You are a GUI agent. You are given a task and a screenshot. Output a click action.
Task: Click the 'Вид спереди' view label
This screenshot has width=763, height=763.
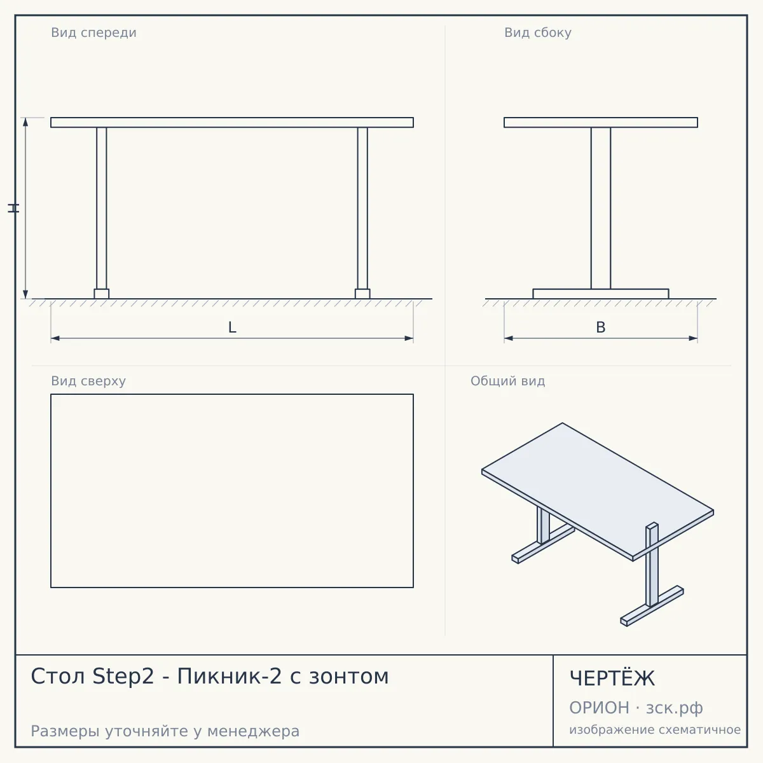point(94,33)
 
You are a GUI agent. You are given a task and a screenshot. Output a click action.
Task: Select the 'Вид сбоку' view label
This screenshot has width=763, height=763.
point(538,33)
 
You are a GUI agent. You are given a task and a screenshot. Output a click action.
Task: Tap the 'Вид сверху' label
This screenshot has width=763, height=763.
point(88,381)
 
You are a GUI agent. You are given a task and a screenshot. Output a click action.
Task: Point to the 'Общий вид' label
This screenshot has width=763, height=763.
point(507,381)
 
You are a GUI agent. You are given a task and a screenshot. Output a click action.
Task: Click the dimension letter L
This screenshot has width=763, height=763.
point(232,327)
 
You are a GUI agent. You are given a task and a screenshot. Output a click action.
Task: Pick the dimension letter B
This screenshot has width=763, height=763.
point(601,327)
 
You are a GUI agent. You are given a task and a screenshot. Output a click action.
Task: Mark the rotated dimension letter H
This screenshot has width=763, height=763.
point(13,208)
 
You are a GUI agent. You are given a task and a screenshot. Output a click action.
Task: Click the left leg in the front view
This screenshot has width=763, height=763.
point(101,209)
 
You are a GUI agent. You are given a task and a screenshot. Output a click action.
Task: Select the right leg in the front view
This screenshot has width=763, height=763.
point(362,209)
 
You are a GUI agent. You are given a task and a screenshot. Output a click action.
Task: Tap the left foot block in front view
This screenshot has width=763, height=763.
point(101,294)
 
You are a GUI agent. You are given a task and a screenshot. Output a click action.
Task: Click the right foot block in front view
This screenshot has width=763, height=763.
point(362,294)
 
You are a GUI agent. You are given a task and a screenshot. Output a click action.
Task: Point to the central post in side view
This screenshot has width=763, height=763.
point(601,209)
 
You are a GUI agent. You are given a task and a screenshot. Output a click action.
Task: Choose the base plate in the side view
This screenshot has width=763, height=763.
point(601,294)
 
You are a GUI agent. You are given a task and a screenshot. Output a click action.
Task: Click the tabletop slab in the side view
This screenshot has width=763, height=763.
point(601,122)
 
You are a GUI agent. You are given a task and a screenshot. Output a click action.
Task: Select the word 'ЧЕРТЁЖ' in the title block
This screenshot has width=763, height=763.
point(612,678)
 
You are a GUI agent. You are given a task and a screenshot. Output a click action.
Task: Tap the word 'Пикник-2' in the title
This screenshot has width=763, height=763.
point(230,677)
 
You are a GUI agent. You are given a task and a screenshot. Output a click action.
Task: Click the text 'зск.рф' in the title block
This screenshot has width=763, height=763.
point(675,708)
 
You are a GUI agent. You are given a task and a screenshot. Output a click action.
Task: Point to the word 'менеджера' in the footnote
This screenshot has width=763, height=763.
point(254,731)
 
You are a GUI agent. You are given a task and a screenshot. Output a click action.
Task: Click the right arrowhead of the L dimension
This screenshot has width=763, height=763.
point(409,338)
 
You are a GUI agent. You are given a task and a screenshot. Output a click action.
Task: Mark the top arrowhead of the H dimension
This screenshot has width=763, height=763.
point(25,122)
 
